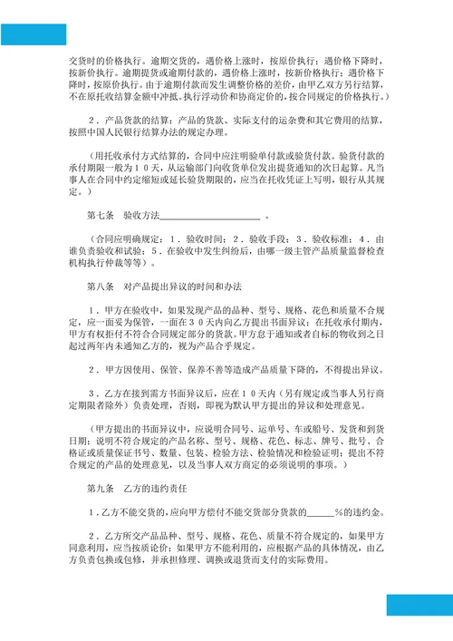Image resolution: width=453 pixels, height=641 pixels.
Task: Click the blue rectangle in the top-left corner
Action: [34, 34]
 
